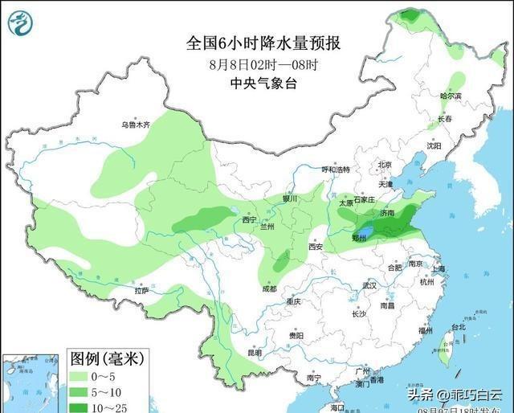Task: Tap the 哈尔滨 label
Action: click(x=451, y=96)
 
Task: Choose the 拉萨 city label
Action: click(x=142, y=290)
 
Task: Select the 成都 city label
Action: click(x=268, y=288)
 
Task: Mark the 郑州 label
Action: click(x=359, y=239)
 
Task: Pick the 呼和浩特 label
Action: click(x=336, y=170)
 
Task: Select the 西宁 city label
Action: click(x=250, y=219)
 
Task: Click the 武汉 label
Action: click(x=369, y=285)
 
